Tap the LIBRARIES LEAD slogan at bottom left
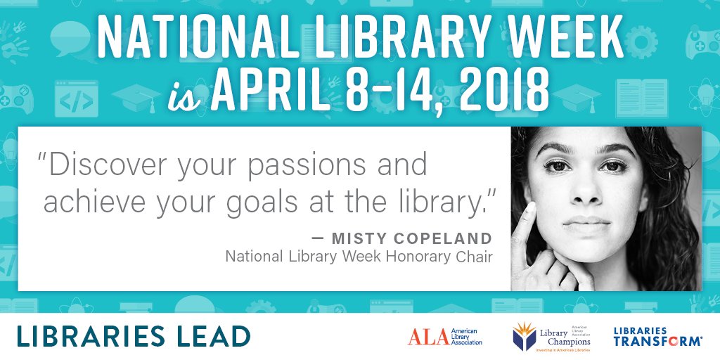[x=134, y=336]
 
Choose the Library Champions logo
[x=552, y=336]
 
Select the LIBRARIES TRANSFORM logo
[x=657, y=336]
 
